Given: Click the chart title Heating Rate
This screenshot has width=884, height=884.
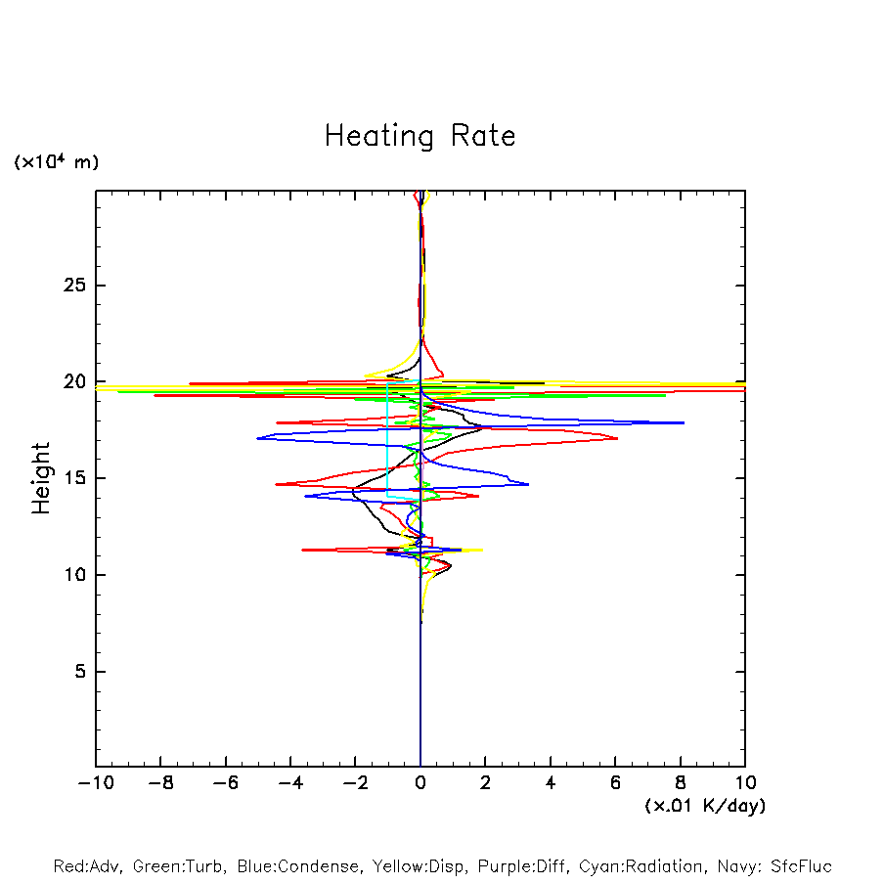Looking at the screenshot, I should pos(420,136).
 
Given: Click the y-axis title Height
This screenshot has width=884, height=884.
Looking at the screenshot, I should pos(41,478).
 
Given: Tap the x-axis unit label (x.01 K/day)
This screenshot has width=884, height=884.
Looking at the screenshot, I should pos(705,806).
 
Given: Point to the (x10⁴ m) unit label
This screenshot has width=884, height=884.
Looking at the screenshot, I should pos(56,162).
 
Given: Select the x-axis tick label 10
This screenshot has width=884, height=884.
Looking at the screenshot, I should pos(745,783).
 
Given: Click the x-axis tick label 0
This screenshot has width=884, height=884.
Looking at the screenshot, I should pos(420,783).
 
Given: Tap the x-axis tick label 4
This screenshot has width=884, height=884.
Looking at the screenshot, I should pos(551,783).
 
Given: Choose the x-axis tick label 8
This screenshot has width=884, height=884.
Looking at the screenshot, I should pos(681,783).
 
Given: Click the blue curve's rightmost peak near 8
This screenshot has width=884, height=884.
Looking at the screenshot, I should pos(683,422).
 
